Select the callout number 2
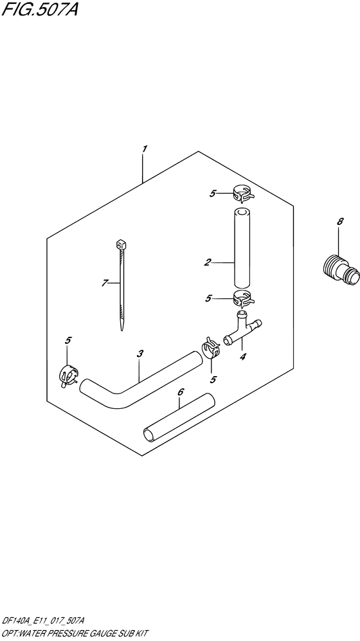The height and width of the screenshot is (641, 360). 208,262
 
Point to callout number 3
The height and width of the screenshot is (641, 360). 140,353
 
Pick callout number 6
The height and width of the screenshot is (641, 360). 181,392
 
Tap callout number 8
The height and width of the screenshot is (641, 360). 340,222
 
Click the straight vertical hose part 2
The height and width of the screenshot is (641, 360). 242,248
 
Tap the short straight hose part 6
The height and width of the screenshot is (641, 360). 177,419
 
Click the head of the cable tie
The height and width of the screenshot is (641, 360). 121,244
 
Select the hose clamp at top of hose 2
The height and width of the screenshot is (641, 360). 242,190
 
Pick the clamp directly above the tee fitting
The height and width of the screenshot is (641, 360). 242,298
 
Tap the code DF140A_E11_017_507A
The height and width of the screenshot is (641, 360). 48,620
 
